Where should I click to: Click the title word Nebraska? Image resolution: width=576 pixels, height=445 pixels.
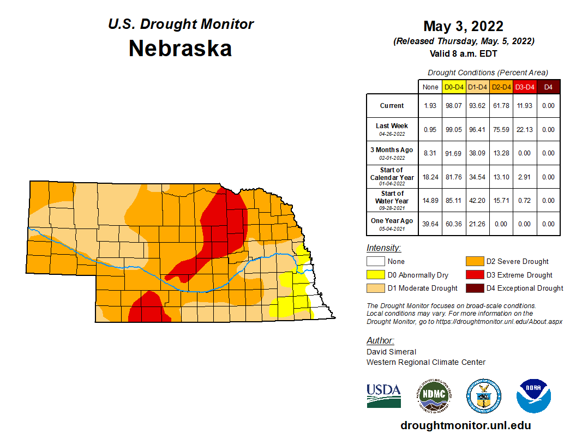[x=180, y=49]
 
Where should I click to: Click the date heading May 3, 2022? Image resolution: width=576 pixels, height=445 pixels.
[x=463, y=26]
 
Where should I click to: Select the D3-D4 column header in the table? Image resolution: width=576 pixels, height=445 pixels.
[x=525, y=87]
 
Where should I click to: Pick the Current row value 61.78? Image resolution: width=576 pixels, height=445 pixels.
[x=501, y=106]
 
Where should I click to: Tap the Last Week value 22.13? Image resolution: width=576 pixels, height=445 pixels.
[x=525, y=129]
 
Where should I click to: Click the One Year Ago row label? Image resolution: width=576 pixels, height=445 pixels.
[x=392, y=224]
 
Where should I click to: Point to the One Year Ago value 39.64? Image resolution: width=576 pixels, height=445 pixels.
[x=430, y=224]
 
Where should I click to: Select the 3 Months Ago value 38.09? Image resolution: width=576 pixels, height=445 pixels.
[x=478, y=153]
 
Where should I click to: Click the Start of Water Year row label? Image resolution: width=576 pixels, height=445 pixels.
[x=392, y=200]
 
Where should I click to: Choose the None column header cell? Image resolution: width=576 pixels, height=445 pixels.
[x=430, y=87]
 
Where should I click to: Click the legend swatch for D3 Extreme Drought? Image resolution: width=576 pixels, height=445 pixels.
[x=474, y=275]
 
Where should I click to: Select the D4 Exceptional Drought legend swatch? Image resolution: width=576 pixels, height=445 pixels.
[x=474, y=288]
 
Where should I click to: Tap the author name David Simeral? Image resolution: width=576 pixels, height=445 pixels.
[x=391, y=352]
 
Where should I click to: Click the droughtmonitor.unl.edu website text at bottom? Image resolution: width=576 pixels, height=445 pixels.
[x=465, y=425]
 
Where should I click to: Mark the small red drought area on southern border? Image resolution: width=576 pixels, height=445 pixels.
[x=146, y=308]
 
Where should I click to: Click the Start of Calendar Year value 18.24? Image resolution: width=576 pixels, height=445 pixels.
[x=430, y=177]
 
